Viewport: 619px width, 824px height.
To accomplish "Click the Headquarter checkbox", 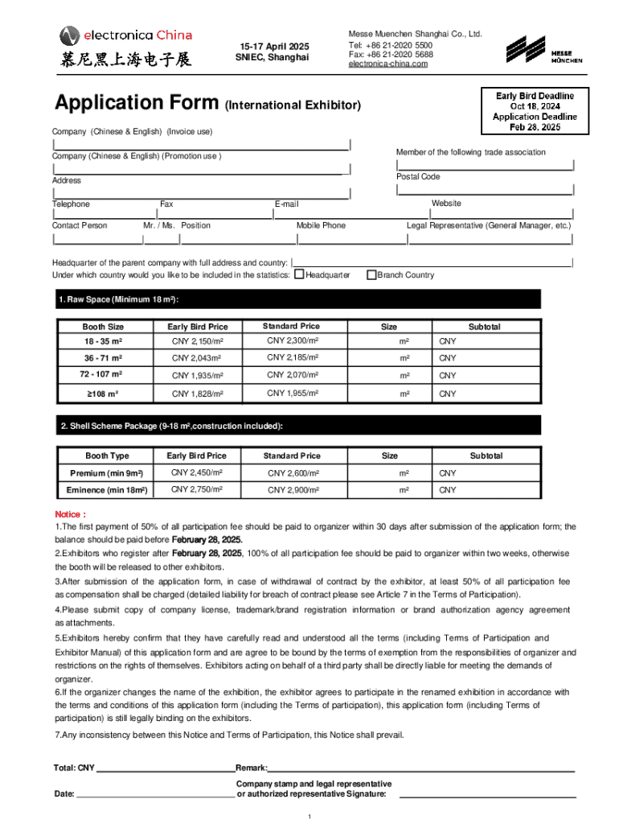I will [x=299, y=275].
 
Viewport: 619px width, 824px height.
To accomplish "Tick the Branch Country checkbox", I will [x=371, y=275].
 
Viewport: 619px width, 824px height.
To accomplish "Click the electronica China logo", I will [x=125, y=45].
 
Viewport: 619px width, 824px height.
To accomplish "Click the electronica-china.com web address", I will [x=388, y=64].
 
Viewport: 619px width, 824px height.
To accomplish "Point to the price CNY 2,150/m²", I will [x=197, y=342].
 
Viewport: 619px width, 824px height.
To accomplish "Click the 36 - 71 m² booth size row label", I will [x=103, y=358].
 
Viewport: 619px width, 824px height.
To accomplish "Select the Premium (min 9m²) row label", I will [x=107, y=473].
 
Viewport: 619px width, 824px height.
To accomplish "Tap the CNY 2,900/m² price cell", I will [x=293, y=490].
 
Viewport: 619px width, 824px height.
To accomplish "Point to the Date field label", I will [x=64, y=794].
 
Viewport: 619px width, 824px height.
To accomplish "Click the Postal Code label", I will [x=418, y=176].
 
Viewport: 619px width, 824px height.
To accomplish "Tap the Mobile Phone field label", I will [x=321, y=225].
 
